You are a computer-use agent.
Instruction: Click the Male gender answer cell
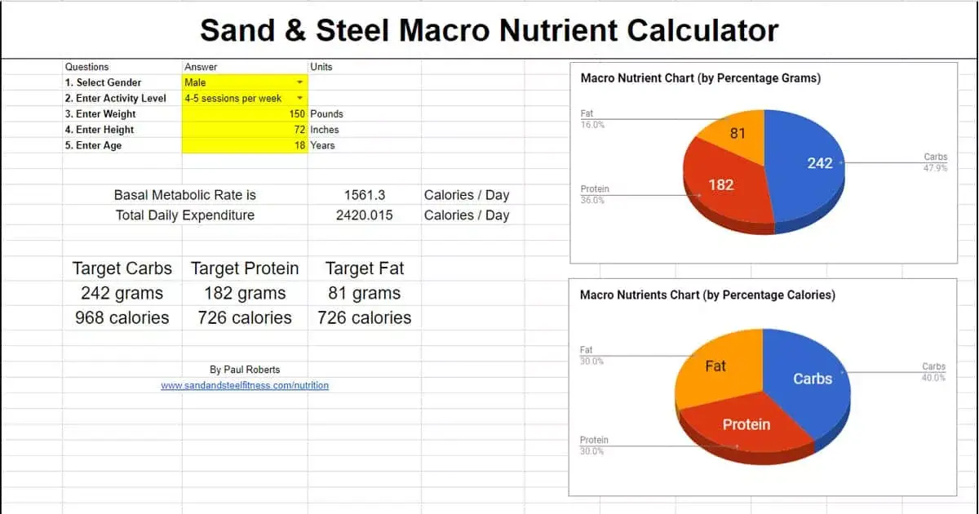pyautogui.click(x=245, y=82)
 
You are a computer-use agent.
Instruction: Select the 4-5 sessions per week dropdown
pyautogui.click(x=245, y=98)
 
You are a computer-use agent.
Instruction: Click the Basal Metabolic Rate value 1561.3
pyautogui.click(x=364, y=195)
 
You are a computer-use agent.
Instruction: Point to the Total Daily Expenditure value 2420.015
pyautogui.click(x=364, y=215)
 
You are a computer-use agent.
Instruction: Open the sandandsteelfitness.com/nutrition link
pyautogui.click(x=245, y=385)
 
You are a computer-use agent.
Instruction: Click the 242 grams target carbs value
pyautogui.click(x=122, y=294)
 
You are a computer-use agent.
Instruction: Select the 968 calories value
pyautogui.click(x=122, y=318)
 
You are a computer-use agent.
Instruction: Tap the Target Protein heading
pyautogui.click(x=245, y=268)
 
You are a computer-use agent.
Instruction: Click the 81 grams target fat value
pyautogui.click(x=364, y=294)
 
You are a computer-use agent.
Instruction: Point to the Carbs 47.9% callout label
pyautogui.click(x=935, y=162)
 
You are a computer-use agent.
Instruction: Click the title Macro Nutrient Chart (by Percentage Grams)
pyautogui.click(x=700, y=78)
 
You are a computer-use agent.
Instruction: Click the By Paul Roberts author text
pyautogui.click(x=245, y=370)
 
